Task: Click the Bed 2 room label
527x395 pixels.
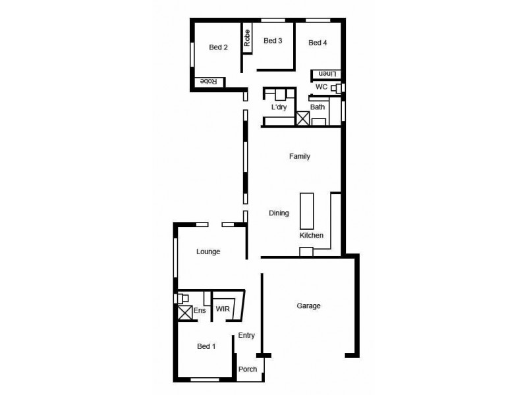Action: [x=218, y=47]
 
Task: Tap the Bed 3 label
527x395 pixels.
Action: [x=273, y=41]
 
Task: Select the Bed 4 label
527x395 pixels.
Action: [x=318, y=43]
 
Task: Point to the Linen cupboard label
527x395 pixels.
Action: [x=327, y=74]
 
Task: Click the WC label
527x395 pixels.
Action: [x=321, y=87]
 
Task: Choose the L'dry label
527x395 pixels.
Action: [x=279, y=107]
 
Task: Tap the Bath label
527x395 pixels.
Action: [x=318, y=107]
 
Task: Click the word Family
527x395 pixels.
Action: [x=300, y=157]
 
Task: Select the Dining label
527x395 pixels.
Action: [x=279, y=213]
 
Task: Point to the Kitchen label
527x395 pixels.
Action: [x=312, y=235]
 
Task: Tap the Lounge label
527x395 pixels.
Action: [x=208, y=251]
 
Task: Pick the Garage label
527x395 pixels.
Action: [x=308, y=305]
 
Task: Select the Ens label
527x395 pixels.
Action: [x=198, y=309]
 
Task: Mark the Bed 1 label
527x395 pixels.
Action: [x=206, y=346]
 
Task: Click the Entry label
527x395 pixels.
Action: [x=246, y=335]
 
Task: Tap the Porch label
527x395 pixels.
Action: [x=248, y=369]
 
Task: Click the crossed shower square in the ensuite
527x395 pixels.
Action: [x=184, y=313]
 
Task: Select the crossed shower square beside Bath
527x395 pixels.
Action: [x=303, y=119]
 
